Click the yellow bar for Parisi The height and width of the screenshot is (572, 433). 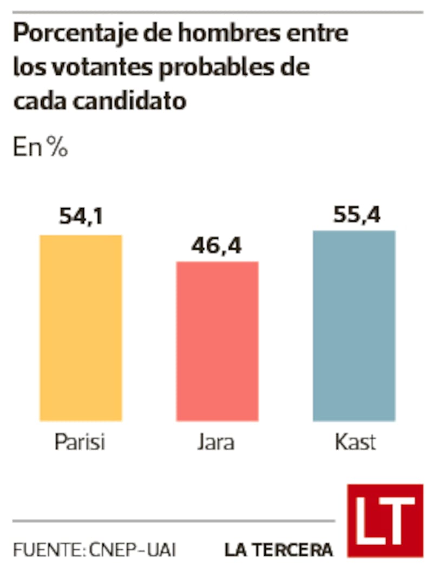[81, 328]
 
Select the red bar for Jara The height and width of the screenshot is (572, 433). [218, 341]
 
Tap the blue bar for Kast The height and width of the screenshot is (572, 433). [354, 326]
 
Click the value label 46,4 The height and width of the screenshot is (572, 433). [216, 246]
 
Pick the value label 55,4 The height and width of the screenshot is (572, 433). [357, 214]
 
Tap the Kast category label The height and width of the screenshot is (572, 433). [355, 441]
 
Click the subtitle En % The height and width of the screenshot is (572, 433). [41, 147]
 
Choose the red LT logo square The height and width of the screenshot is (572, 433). [385, 521]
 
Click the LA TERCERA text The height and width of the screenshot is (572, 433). [279, 550]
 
